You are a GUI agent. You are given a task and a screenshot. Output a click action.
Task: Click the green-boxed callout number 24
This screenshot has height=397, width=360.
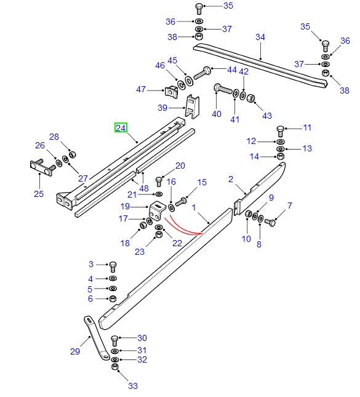point(121,128)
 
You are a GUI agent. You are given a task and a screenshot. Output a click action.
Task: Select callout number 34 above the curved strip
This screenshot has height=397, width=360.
point(260,38)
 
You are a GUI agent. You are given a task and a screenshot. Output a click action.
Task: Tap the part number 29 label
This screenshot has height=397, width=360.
point(75,351)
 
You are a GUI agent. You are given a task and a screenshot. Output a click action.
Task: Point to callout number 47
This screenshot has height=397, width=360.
point(141,90)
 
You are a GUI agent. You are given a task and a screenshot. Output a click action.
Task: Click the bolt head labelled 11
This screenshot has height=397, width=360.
point(281,130)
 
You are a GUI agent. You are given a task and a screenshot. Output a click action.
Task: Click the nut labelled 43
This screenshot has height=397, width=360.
point(251,98)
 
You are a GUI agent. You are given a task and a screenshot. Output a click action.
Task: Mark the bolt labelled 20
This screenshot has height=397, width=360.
point(158,180)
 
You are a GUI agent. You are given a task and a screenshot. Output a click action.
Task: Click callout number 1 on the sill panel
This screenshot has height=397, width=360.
point(193,209)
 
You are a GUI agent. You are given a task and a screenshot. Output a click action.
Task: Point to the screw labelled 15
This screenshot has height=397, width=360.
point(182,201)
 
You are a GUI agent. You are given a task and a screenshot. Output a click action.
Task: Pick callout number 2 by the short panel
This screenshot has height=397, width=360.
point(231,179)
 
